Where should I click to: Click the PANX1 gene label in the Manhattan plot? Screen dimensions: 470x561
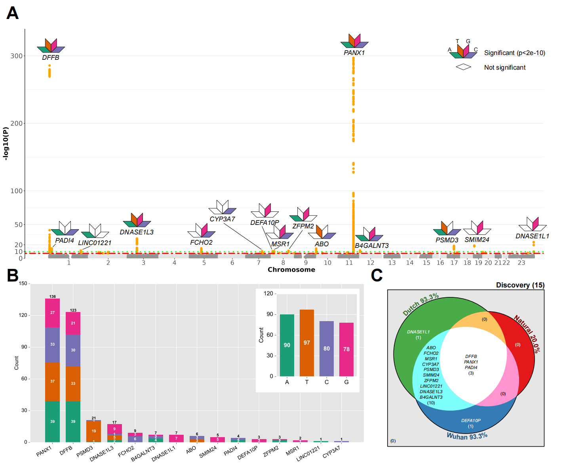pyautogui.click(x=354, y=53)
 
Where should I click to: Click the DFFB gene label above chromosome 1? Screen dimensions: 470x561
pyautogui.click(x=51, y=57)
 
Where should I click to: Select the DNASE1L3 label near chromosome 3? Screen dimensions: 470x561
pyautogui.click(x=137, y=232)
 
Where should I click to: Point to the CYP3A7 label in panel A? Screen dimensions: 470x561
pyautogui.click(x=222, y=219)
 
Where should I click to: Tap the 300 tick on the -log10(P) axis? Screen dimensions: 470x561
pyautogui.click(x=17, y=56)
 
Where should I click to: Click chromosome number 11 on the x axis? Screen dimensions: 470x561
pyautogui.click(x=349, y=263)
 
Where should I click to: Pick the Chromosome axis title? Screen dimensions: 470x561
pyautogui.click(x=291, y=270)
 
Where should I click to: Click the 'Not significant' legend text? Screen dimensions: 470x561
pyautogui.click(x=505, y=68)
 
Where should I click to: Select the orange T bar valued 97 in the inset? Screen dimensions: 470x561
pyautogui.click(x=307, y=343)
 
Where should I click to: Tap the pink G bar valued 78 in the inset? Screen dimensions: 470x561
pyautogui.click(x=346, y=349)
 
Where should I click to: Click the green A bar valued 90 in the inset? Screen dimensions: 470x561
pyautogui.click(x=287, y=345)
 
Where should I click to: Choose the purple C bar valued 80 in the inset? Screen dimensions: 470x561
pyautogui.click(x=327, y=348)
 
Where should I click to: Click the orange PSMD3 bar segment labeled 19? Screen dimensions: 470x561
pyautogui.click(x=94, y=431)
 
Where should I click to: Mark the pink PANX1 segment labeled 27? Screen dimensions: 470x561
pyautogui.click(x=53, y=313)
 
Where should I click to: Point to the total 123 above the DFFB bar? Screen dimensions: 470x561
pyautogui.click(x=73, y=310)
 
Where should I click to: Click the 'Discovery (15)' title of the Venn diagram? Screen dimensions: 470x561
pyautogui.click(x=520, y=285)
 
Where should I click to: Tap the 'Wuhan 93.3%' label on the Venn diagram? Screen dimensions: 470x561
pyautogui.click(x=467, y=436)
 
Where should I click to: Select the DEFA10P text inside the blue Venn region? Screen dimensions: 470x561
pyautogui.click(x=471, y=421)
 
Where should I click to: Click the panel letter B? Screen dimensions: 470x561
pyautogui.click(x=13, y=276)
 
